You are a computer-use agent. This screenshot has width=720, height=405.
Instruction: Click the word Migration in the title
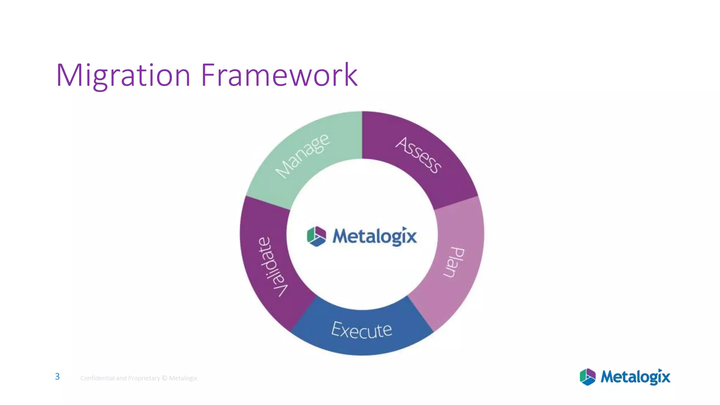point(123,75)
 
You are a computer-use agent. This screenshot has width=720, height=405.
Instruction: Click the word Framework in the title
point(279,75)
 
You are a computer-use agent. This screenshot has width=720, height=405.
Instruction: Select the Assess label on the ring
point(418,155)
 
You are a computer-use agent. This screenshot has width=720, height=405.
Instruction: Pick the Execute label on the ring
point(361,330)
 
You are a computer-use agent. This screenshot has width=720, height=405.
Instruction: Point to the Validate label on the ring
point(273,266)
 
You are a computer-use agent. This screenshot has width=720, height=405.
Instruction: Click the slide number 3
point(57,377)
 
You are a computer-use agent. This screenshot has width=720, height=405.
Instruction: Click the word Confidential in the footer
point(97,378)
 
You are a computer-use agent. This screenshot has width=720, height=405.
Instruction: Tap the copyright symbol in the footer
point(164,378)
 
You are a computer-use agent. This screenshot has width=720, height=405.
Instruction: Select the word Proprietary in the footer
point(144,378)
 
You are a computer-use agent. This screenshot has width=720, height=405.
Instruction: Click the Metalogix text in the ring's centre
point(375,236)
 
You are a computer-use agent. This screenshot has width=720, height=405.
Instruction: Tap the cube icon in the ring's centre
point(316,236)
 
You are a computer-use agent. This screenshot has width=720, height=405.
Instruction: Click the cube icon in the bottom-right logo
point(587,377)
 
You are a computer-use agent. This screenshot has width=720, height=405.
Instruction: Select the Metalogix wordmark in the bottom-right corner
point(635,377)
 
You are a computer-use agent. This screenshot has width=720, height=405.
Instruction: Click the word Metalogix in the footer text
point(183,378)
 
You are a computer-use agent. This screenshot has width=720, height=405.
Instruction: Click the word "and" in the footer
point(121,378)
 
